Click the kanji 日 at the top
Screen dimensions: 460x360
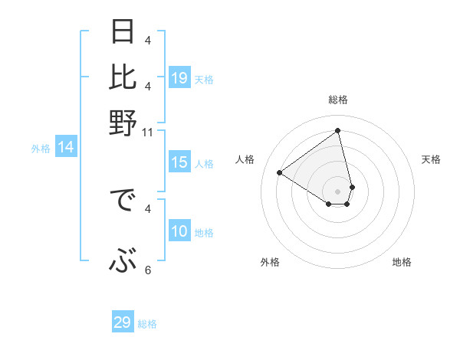123,33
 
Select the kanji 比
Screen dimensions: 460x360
123,77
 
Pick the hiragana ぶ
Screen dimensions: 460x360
123,263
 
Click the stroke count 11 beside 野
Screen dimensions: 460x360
148,133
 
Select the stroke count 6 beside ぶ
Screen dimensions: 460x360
148,270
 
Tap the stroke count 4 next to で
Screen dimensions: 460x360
148,208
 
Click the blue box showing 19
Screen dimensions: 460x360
179,78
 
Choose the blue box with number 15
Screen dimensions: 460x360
179,162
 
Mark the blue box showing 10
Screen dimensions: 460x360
179,231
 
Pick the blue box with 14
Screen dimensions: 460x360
66,148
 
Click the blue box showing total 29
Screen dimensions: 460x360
123,322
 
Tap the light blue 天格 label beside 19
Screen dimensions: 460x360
204,79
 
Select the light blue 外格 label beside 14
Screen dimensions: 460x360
41,149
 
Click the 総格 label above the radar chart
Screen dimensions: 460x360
338,100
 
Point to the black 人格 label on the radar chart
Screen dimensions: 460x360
245,159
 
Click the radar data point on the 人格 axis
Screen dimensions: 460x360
280,172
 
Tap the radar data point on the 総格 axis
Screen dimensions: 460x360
338,131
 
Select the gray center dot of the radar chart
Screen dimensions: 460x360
338,191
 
